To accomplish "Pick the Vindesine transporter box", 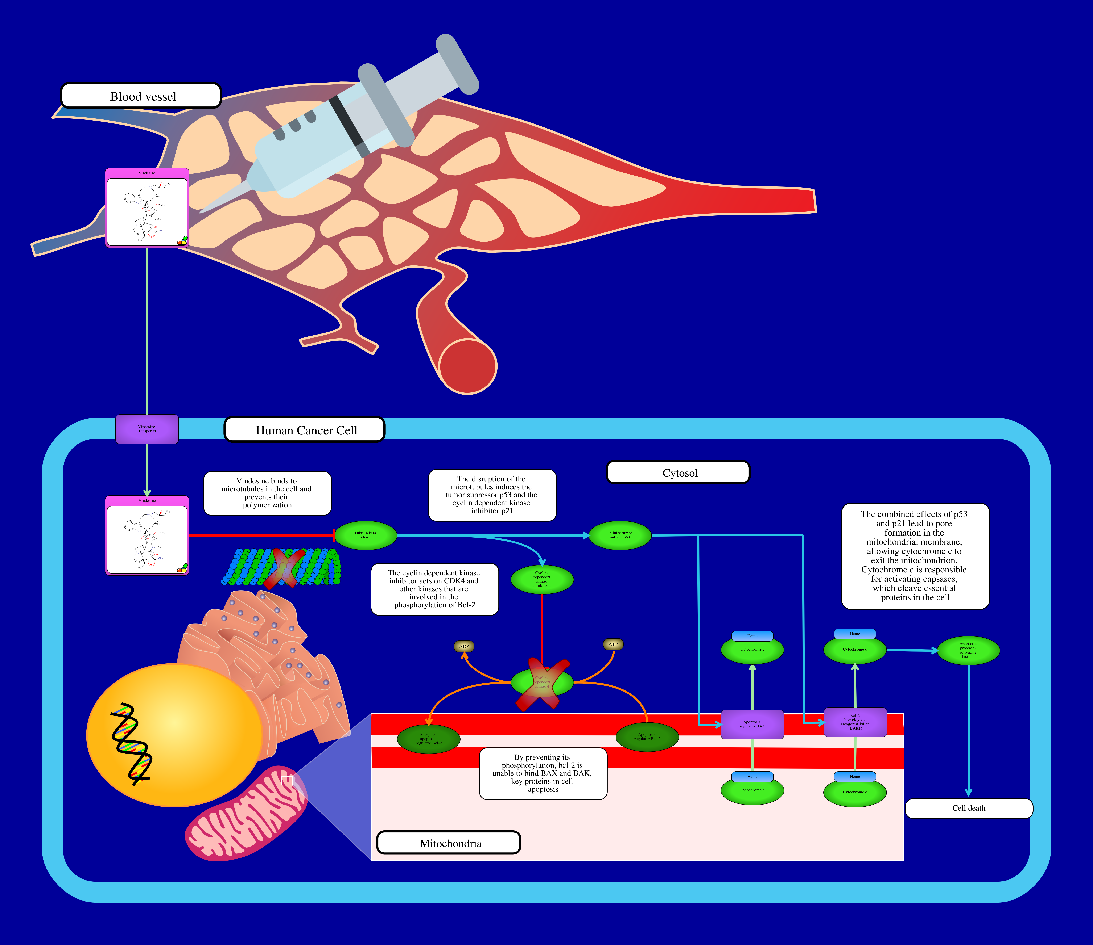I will (147, 429).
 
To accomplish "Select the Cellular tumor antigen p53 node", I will (619, 535).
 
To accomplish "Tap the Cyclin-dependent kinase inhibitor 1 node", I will (541, 579).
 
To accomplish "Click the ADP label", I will (464, 646).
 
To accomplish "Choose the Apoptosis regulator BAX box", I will (752, 724).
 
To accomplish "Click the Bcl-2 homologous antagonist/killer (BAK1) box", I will (855, 722).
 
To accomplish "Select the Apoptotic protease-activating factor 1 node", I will (968, 650).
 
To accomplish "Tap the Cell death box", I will (968, 808).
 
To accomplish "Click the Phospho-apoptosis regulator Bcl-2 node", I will (428, 738).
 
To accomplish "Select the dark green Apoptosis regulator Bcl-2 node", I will (647, 736).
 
